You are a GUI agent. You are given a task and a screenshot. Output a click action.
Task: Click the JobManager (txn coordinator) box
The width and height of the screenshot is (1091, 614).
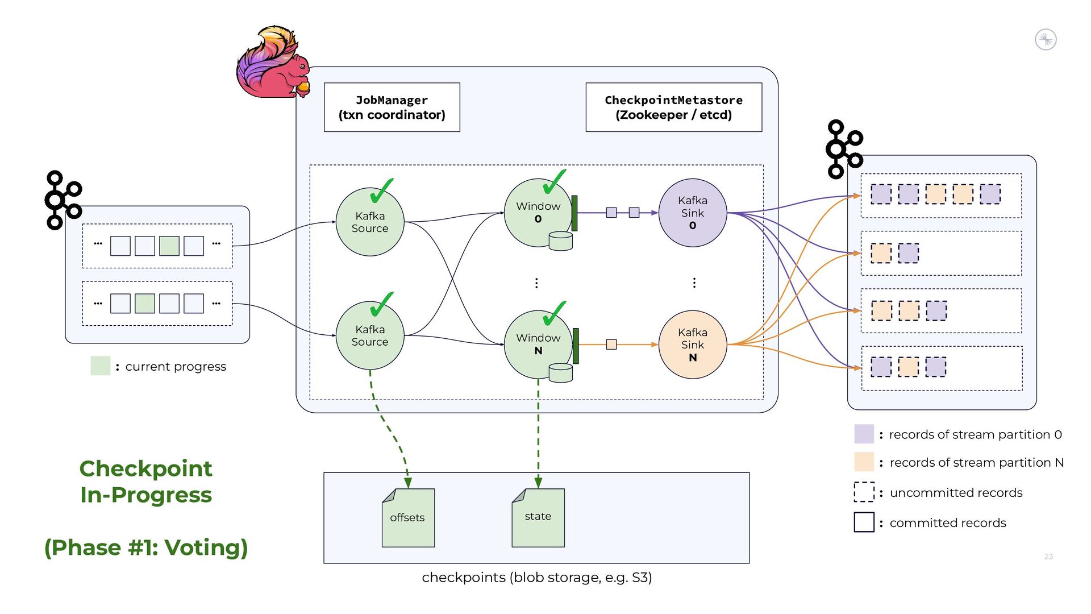(392, 107)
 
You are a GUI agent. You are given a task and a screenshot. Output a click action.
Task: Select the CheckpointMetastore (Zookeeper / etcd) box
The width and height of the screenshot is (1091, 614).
(673, 107)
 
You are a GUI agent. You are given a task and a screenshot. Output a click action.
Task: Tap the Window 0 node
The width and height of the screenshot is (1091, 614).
(538, 213)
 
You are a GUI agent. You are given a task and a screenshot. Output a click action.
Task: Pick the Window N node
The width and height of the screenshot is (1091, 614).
(538, 344)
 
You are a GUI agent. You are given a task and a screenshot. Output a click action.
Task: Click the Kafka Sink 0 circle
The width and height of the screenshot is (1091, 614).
(692, 213)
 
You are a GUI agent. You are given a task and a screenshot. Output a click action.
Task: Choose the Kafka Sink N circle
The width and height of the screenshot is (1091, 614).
(692, 345)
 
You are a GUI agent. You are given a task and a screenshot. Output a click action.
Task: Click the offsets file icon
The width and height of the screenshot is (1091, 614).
(408, 517)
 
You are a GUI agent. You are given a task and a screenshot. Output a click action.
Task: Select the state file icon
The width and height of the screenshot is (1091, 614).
(538, 517)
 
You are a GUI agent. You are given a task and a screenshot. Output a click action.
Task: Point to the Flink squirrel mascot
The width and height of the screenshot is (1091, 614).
(273, 63)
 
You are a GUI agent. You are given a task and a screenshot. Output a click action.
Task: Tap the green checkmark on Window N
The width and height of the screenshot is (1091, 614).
(554, 313)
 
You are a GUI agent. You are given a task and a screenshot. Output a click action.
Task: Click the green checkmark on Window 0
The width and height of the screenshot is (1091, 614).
(554, 182)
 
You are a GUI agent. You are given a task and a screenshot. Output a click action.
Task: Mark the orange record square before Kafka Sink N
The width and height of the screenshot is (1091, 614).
(611, 345)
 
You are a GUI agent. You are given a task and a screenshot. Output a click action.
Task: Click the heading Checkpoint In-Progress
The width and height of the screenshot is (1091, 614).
(146, 482)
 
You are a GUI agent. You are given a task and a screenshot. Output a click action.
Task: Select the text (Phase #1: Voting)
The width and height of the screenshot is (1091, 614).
(146, 547)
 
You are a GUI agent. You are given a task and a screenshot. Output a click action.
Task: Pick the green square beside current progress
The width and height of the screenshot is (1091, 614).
(101, 366)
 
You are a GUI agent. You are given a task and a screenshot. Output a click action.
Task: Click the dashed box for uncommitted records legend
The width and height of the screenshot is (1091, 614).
(864, 492)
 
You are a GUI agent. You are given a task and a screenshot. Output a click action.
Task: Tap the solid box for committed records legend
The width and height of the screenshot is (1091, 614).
(864, 522)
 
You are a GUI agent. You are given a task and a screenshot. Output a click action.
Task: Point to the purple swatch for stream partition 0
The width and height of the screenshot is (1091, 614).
(864, 434)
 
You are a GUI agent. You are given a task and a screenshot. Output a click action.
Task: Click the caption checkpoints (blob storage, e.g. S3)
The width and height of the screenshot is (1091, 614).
(536, 578)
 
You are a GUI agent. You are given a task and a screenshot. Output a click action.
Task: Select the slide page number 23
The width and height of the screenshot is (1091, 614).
(1048, 557)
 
